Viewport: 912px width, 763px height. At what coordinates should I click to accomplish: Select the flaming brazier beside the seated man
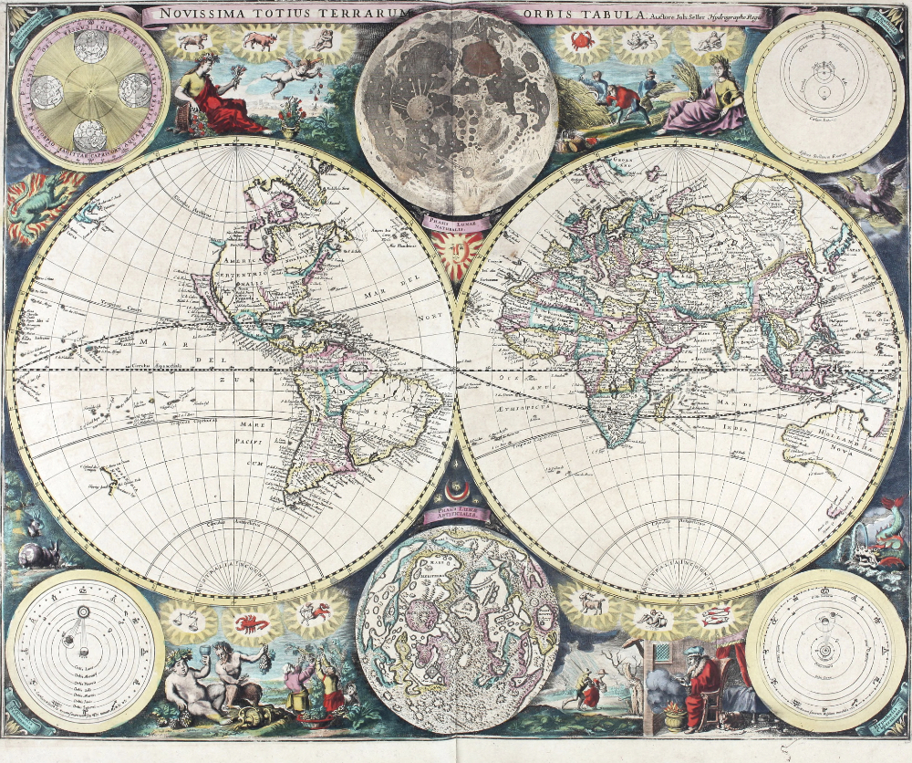(675, 712)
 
